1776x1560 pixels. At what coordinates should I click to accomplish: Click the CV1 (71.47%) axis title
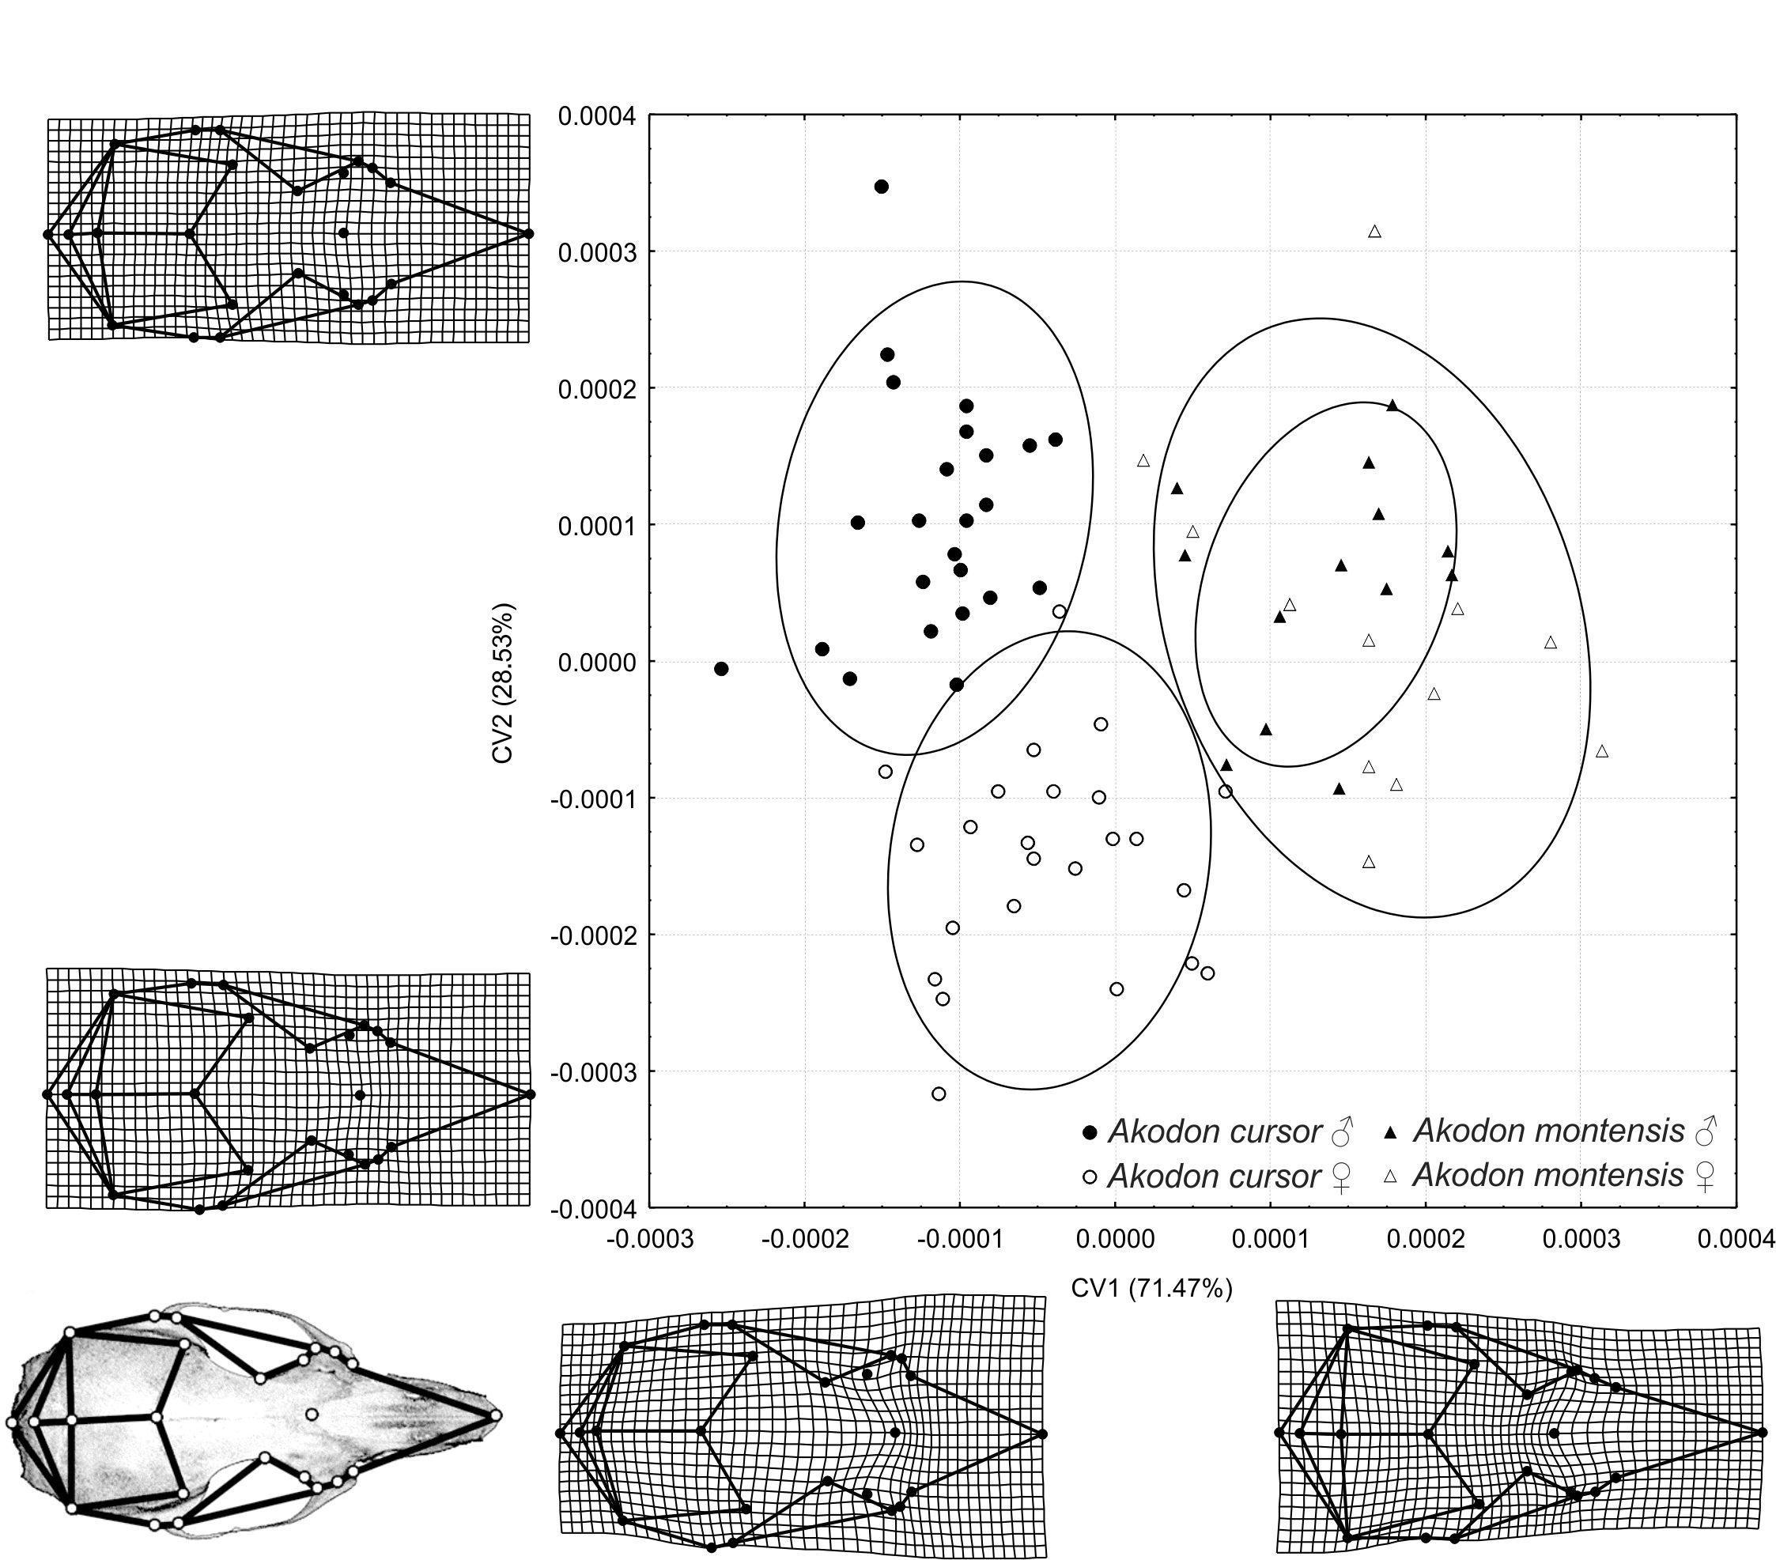tap(1151, 1288)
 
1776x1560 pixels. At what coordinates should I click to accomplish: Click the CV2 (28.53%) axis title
tap(503, 682)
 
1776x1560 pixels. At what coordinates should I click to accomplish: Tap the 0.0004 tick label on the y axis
tap(597, 115)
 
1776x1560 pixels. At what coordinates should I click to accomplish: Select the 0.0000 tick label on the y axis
tap(597, 663)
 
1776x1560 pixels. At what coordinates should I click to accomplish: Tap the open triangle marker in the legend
tap(1390, 1177)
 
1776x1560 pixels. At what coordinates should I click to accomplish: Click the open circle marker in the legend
tap(1090, 1178)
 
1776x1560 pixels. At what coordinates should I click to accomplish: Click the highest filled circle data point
tap(881, 187)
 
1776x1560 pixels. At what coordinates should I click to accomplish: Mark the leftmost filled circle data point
tap(721, 669)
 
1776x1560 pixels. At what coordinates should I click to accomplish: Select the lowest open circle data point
tap(939, 1094)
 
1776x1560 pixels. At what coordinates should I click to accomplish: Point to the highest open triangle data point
tap(1374, 232)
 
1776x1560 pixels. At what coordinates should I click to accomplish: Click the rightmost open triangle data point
tap(1602, 751)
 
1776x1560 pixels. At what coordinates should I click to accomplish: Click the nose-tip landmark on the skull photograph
tap(495, 1415)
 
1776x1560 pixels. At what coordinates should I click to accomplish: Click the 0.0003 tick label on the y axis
tap(597, 253)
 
